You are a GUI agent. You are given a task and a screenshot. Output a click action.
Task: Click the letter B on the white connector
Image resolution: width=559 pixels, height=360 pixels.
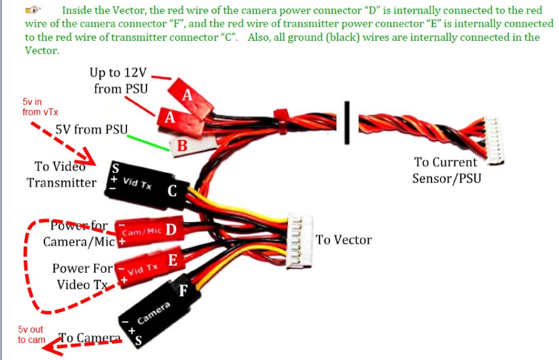click(182, 146)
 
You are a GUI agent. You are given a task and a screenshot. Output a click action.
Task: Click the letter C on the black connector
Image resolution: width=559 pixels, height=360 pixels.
click(172, 192)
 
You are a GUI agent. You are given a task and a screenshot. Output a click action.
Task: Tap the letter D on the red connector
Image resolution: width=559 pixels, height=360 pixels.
click(171, 230)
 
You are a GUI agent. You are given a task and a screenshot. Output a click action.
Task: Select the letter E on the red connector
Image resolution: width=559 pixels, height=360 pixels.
click(173, 261)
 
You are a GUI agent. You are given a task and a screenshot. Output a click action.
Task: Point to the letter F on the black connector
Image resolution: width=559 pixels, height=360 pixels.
click(182, 292)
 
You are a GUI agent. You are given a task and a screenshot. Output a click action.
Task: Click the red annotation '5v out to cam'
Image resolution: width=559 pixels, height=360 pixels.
click(31, 334)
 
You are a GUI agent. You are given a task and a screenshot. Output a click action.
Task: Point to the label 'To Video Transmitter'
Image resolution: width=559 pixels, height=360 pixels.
click(61, 175)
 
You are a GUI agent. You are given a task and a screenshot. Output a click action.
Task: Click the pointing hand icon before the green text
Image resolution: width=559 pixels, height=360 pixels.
click(35, 10)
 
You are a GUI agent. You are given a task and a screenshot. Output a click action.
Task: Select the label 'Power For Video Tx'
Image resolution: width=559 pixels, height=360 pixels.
click(81, 276)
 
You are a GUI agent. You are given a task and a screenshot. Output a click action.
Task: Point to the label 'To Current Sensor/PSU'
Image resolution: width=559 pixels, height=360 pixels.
click(445, 170)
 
